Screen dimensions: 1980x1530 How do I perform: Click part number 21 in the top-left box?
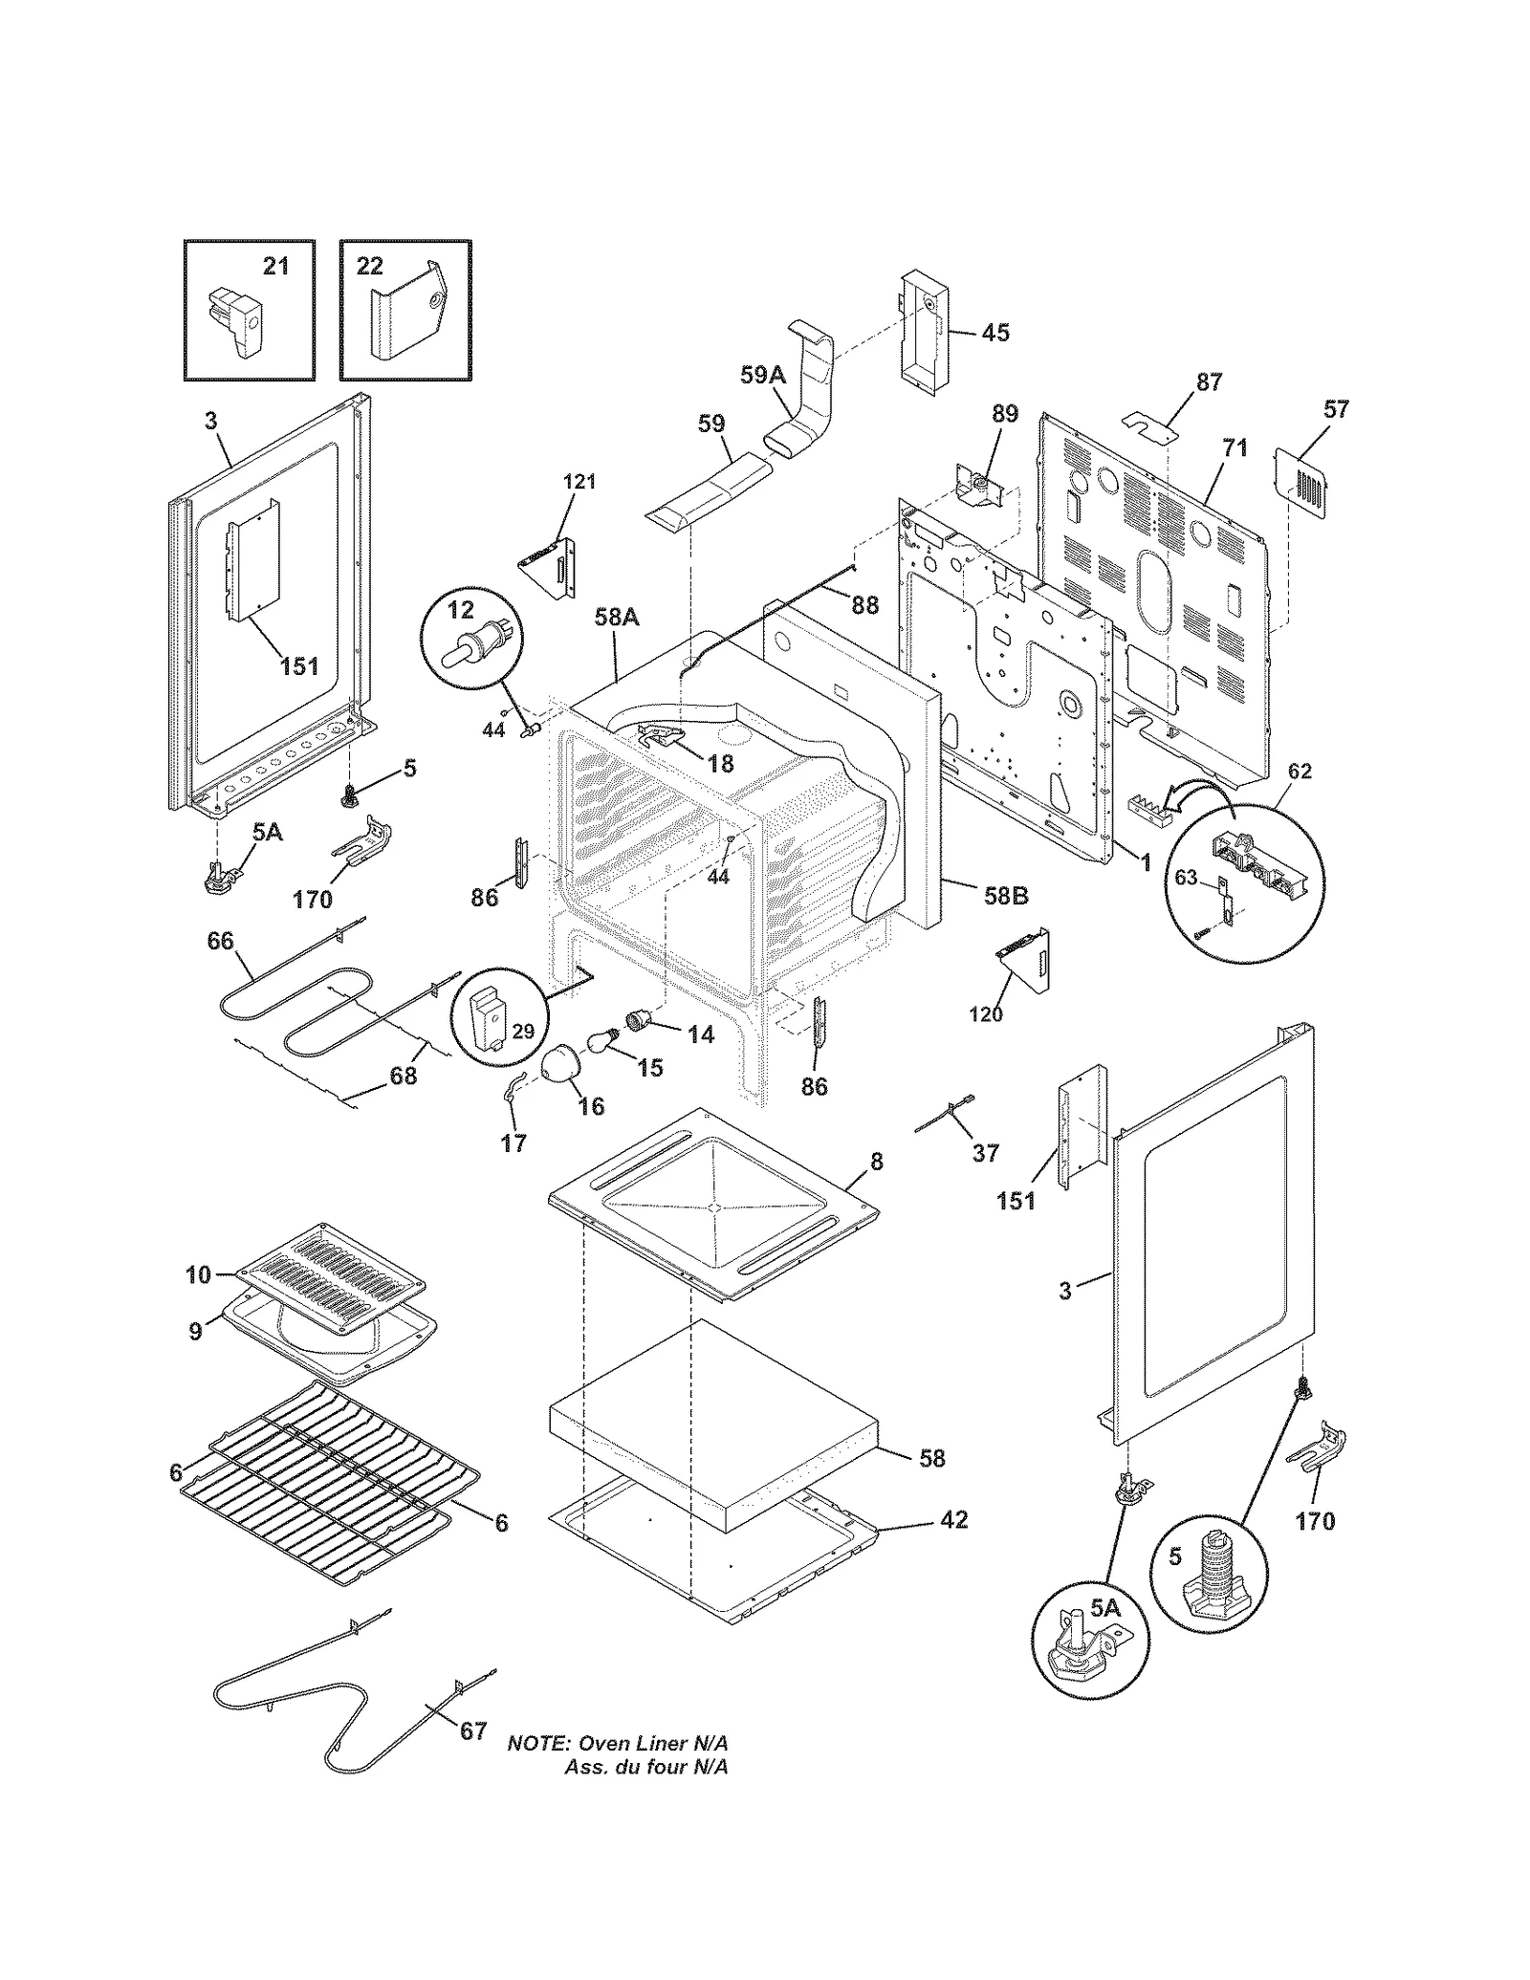(x=275, y=266)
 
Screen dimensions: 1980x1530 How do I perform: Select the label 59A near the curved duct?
(x=762, y=376)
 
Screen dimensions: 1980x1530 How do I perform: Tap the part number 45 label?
(x=994, y=333)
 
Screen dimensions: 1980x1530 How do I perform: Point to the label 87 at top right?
(x=1209, y=382)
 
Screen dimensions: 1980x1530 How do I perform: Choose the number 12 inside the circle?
(x=460, y=608)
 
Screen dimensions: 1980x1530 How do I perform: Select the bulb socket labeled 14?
(x=638, y=1023)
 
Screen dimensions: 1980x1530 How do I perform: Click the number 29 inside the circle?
(x=523, y=1032)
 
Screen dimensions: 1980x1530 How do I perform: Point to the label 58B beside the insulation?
(x=1006, y=896)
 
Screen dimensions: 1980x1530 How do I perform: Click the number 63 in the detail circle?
(x=1186, y=878)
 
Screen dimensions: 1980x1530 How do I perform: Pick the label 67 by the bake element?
(x=473, y=1731)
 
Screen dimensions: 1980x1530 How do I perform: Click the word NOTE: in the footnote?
(x=538, y=1743)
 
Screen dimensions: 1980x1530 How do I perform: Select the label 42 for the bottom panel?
(x=954, y=1519)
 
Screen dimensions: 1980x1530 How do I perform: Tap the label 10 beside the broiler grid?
(x=198, y=1273)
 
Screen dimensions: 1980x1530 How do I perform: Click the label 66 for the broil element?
(x=220, y=941)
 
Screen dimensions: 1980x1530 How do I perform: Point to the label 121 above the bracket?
(x=579, y=482)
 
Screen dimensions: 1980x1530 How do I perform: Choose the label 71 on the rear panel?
(x=1235, y=447)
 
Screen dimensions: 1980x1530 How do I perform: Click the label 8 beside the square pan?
(x=876, y=1162)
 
